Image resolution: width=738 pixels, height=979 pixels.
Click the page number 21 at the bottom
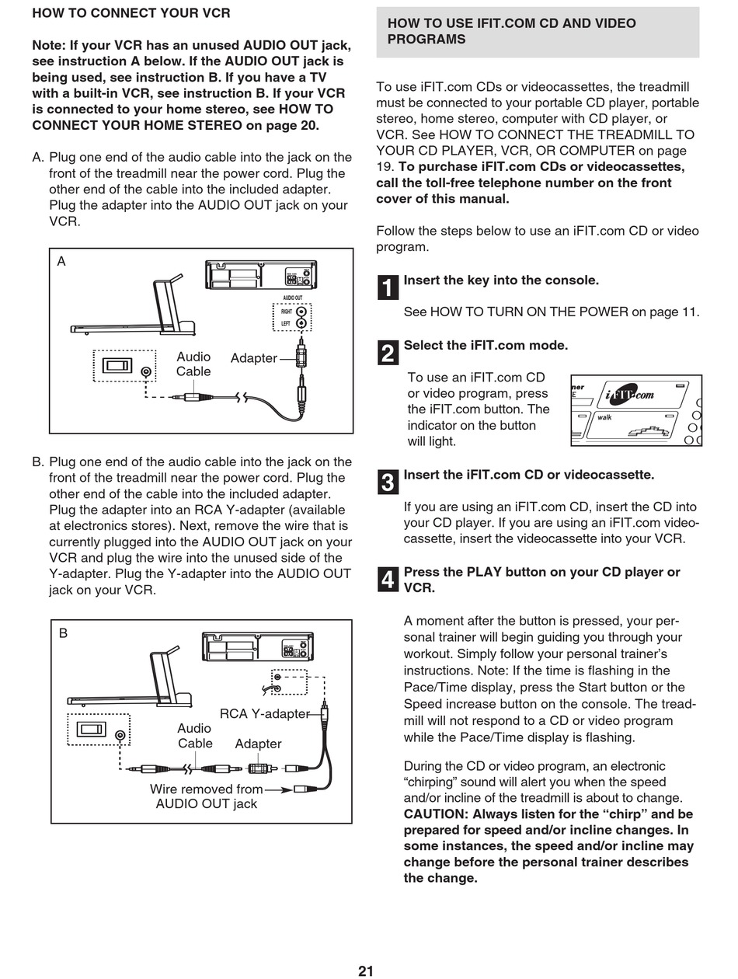pos(366,970)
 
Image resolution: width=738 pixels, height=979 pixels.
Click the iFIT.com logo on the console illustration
pos(630,394)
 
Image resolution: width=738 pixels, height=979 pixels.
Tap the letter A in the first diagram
pos(61,262)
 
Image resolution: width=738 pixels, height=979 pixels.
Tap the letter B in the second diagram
pos(64,633)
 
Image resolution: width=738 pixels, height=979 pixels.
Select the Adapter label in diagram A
pos(253,358)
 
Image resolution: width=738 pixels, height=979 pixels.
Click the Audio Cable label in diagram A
pos(193,364)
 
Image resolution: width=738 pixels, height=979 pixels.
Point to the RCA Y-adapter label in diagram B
pos(264,713)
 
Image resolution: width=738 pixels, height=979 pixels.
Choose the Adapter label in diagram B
pos(258,744)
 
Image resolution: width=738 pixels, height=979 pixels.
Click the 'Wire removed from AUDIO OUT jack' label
pos(206,796)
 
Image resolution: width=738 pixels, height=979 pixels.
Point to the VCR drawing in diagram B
pos(257,646)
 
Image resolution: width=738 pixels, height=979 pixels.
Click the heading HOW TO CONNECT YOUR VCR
pos(131,13)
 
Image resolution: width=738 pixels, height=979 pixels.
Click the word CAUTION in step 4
pos(436,814)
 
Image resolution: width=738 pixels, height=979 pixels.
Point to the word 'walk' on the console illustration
pos(604,417)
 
